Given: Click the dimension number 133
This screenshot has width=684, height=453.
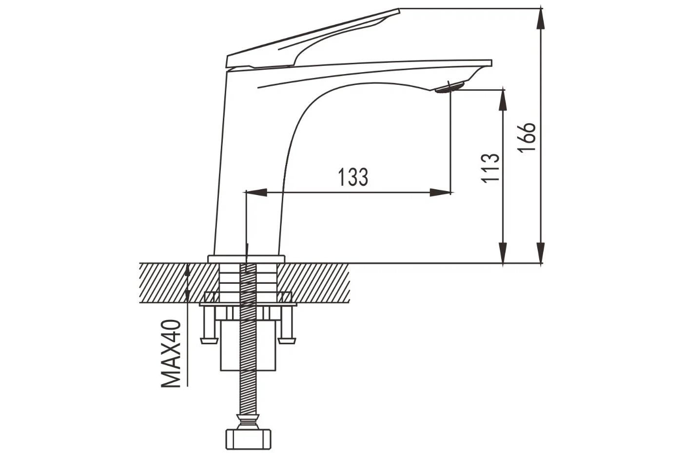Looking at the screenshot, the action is [x=353, y=177].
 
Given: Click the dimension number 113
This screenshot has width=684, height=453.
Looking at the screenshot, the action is [x=490, y=168].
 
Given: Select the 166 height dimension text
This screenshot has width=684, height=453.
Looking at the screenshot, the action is [x=527, y=137].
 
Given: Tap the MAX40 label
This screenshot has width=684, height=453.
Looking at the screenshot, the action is [x=171, y=354].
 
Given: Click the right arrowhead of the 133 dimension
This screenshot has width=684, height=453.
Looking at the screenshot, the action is [x=440, y=193].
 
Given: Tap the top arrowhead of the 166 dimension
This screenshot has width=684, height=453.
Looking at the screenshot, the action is [x=541, y=19].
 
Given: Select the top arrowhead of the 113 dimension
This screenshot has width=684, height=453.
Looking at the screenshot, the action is [x=503, y=99].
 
